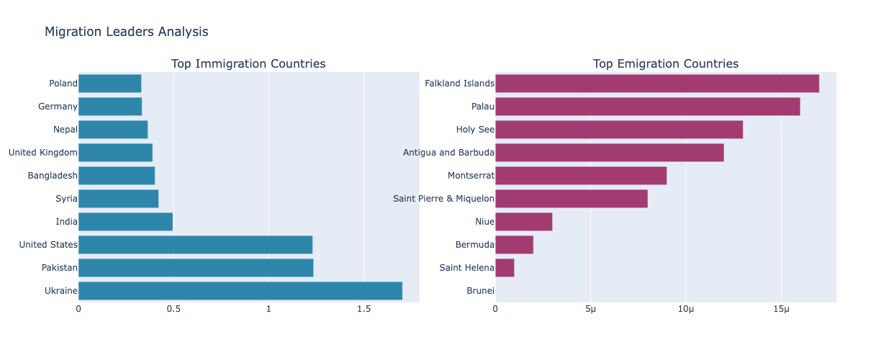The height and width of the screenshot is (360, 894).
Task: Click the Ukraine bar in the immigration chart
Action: tap(240, 291)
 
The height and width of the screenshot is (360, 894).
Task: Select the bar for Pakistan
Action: tap(195, 268)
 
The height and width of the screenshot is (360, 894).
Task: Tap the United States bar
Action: tap(195, 245)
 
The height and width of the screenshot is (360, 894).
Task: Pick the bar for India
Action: tap(125, 222)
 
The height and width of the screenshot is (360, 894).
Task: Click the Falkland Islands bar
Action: tap(656, 84)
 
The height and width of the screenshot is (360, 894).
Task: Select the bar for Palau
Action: tap(647, 107)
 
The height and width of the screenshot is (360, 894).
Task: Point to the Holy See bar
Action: tap(618, 130)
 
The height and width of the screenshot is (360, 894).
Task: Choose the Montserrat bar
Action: tap(580, 176)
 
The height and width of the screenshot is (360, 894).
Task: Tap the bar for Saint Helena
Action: tap(505, 268)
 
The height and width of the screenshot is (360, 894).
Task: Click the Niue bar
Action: tap(523, 222)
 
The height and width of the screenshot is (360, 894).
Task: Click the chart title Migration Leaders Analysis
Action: tap(127, 32)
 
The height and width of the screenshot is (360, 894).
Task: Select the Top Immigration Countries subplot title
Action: tap(248, 64)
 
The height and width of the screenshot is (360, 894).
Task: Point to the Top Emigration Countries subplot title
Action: tap(666, 64)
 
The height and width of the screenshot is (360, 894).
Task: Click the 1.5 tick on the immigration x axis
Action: tap(364, 309)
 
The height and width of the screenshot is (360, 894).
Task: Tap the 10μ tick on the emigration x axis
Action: tap(686, 309)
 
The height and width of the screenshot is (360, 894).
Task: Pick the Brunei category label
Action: tap(480, 291)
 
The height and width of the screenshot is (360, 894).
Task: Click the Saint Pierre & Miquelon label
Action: tap(443, 199)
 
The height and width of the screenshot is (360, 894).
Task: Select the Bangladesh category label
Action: tap(53, 176)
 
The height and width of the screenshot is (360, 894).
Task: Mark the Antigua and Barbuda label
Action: tap(448, 153)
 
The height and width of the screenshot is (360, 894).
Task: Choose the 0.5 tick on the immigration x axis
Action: tap(173, 309)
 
